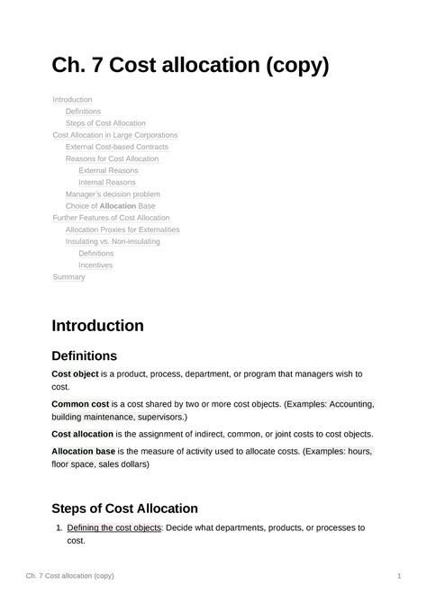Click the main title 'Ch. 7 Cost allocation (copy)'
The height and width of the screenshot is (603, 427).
point(190,66)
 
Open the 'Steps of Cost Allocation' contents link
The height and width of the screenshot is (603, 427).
point(105,123)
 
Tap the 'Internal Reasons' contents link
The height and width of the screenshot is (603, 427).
point(107,182)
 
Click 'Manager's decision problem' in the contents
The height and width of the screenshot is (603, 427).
point(113,193)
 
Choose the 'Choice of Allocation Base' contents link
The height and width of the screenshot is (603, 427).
point(110,206)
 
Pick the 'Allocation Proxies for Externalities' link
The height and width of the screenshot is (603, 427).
point(123,229)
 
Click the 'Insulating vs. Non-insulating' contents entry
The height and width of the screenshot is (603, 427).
point(113,241)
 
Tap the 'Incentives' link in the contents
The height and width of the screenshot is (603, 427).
point(95,265)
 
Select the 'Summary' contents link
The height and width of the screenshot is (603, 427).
point(68,277)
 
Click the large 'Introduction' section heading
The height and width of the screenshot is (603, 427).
point(97,325)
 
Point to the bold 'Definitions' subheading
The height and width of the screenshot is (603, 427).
point(84,356)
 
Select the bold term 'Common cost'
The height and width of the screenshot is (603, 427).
point(80,404)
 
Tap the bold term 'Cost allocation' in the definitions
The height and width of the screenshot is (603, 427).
point(82,434)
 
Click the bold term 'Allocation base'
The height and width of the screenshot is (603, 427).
point(83,451)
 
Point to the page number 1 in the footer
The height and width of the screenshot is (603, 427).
point(398,575)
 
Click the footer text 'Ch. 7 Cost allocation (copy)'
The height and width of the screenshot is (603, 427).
point(69,575)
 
